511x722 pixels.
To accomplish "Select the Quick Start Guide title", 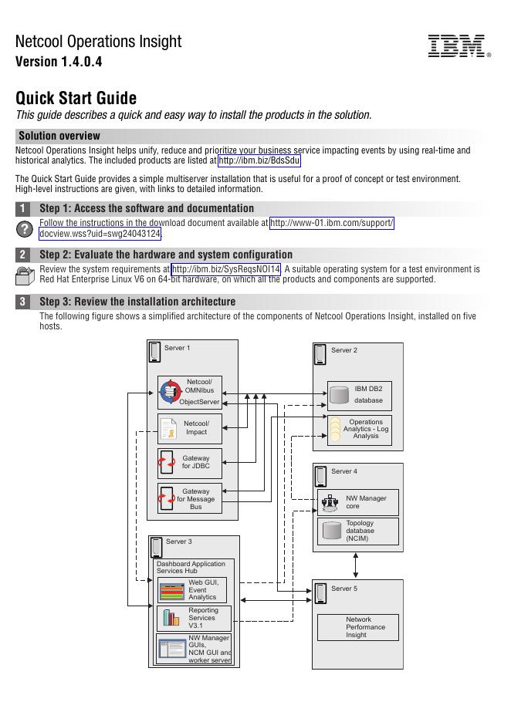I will (x=76, y=98).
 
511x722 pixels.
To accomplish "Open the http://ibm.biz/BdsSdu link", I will (x=259, y=160).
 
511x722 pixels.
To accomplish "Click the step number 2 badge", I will (x=23, y=255).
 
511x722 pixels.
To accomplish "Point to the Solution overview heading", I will (x=59, y=136).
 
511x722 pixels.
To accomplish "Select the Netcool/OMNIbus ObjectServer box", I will (x=190, y=392).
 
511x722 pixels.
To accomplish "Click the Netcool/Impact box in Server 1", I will (x=190, y=428).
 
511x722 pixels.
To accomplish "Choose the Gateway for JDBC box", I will (x=190, y=464).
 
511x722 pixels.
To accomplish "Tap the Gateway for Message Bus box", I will (x=190, y=499).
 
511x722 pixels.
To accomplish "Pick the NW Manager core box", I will (x=358, y=503).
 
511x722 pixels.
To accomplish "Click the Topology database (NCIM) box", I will (x=358, y=531).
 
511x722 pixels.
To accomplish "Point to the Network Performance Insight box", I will (x=358, y=627).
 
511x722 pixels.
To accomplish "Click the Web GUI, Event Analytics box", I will (x=192, y=590).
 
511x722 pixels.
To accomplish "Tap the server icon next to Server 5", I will (x=320, y=593).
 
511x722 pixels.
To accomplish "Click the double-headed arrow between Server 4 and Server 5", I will (x=355, y=565).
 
